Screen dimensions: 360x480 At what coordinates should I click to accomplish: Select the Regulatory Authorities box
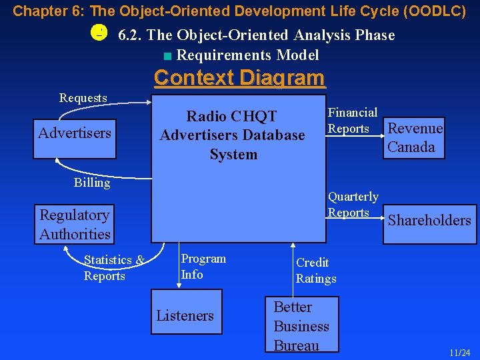pyautogui.click(x=75, y=225)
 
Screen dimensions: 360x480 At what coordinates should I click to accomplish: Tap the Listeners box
pyautogui.click(x=185, y=315)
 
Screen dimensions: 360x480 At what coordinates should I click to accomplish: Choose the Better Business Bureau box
pyautogui.click(x=301, y=325)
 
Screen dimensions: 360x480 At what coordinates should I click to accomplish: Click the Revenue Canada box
pyautogui.click(x=415, y=138)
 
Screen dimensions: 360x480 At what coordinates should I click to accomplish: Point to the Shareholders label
pyautogui.click(x=429, y=220)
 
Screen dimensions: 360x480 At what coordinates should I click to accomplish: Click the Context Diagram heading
pyautogui.click(x=239, y=78)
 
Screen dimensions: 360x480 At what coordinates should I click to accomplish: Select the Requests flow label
pyautogui.click(x=83, y=98)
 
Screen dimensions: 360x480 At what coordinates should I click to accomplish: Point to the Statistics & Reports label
pyautogui.click(x=113, y=268)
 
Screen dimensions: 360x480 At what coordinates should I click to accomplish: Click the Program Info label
pyautogui.click(x=203, y=267)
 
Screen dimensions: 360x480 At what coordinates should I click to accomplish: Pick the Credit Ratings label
pyautogui.click(x=315, y=271)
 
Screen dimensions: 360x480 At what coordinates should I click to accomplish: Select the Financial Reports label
pyautogui.click(x=352, y=121)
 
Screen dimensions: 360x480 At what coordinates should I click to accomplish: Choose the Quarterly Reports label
pyautogui.click(x=352, y=205)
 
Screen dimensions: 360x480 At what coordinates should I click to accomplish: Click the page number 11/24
pyautogui.click(x=459, y=352)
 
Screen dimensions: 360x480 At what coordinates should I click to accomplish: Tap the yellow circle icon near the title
pyautogui.click(x=98, y=33)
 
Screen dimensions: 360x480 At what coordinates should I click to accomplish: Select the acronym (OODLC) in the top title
pyautogui.click(x=434, y=11)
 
